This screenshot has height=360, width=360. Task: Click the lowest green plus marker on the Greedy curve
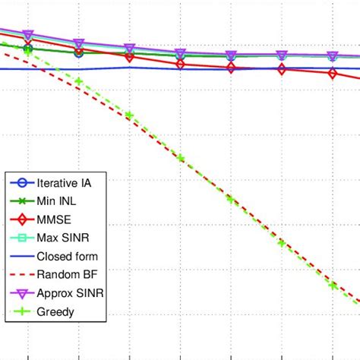333,285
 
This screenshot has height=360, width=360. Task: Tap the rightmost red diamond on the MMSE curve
333,74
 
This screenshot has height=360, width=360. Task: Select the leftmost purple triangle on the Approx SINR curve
28,35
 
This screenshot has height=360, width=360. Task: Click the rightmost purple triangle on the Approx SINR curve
333,56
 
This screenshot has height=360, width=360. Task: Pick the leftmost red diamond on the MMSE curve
28,49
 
